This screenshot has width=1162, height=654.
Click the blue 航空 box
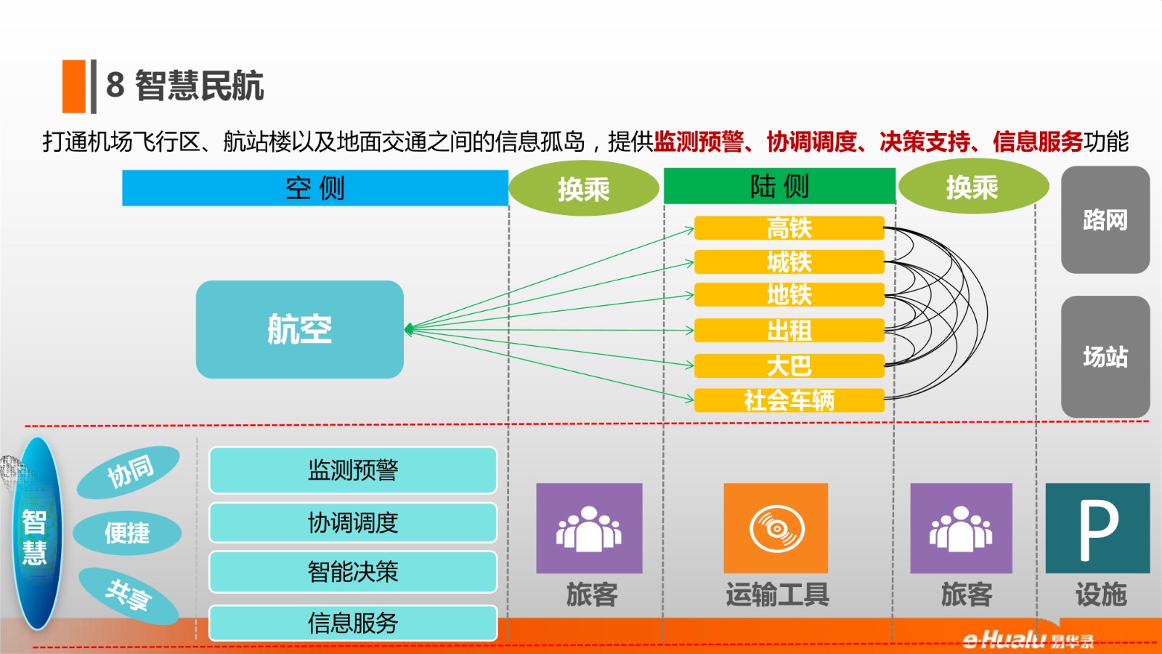[x=300, y=329]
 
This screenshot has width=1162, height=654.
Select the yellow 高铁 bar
[x=789, y=228]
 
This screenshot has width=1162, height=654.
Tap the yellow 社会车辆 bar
[x=789, y=400]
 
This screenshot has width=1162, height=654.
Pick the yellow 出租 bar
[x=789, y=330]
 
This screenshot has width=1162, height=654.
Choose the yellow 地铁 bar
[x=789, y=295]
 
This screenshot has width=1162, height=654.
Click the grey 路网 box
[x=1105, y=219]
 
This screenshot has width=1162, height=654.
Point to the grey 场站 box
[x=1105, y=357]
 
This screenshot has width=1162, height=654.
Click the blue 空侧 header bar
[x=315, y=188]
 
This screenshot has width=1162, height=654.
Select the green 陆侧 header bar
[x=780, y=186]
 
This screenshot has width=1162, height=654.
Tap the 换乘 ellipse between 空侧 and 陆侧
[x=584, y=188]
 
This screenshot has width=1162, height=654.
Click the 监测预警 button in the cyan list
[x=353, y=470]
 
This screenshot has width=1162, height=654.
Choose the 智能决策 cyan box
[x=353, y=572]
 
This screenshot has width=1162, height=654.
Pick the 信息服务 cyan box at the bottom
[x=353, y=623]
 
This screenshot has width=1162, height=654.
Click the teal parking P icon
[x=1097, y=528]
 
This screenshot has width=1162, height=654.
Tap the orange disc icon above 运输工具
[x=776, y=528]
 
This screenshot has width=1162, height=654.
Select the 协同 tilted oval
[x=129, y=472]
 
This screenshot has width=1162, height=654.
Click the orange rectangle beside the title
[x=73, y=86]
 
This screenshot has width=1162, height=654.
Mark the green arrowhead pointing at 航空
[x=409, y=329]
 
